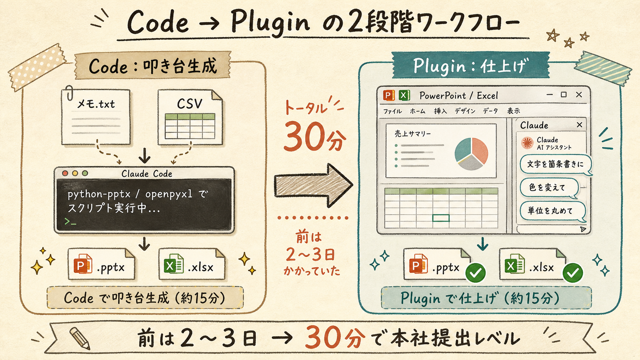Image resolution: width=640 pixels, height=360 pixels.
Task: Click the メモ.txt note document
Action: tap(96, 117)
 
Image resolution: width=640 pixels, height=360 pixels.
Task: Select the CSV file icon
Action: tap(190, 117)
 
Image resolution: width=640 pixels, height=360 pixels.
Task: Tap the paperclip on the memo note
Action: tap(69, 93)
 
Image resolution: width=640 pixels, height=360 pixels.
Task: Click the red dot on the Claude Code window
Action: tap(65, 173)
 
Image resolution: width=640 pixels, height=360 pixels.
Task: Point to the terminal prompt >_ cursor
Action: tap(70, 222)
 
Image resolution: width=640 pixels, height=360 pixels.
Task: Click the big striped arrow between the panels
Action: tap(313, 185)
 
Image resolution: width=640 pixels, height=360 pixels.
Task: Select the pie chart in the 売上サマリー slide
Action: tap(471, 154)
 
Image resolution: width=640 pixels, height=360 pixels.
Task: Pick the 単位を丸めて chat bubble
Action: tap(553, 211)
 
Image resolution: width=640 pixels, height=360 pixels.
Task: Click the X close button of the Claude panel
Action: tap(580, 125)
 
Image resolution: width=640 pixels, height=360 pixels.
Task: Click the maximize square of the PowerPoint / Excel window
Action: tap(563, 94)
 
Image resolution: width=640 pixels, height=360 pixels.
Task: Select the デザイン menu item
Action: tap(465, 111)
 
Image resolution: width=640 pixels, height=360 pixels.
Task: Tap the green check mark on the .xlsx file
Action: tap(573, 273)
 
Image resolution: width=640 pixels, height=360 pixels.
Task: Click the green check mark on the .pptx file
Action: tap(475, 273)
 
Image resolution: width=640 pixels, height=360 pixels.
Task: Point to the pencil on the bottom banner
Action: tap(80, 339)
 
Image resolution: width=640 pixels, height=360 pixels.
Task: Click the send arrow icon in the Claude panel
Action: tap(583, 229)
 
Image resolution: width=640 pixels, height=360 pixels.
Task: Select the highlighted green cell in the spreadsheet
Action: tap(441, 218)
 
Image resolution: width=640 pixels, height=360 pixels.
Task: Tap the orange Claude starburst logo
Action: tap(527, 143)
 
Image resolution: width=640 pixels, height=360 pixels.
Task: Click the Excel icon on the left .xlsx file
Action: tap(173, 264)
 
